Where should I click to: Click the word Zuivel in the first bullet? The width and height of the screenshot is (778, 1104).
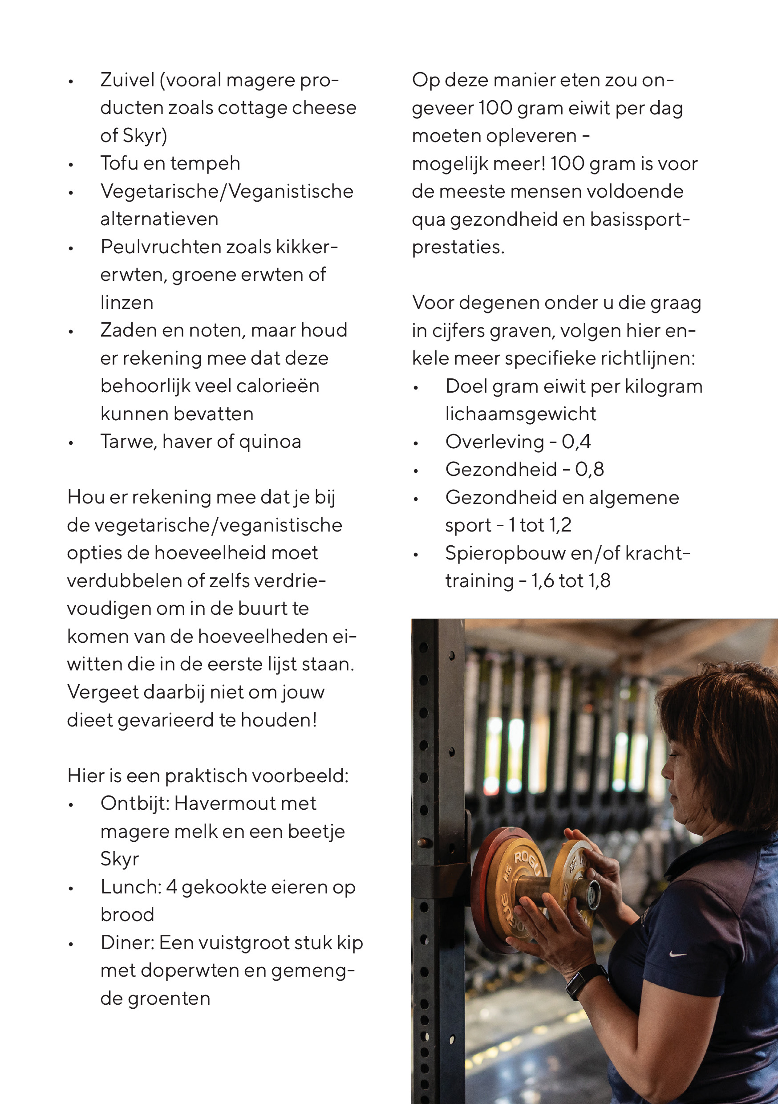coord(127,80)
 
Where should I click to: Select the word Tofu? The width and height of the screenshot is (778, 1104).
coord(116,163)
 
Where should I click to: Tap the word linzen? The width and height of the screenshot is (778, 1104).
coord(127,303)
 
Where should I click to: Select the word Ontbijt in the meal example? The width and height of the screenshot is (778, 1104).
coord(134,804)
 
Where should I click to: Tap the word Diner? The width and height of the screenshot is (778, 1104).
coord(126,943)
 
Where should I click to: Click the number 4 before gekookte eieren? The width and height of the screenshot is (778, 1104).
coord(172,887)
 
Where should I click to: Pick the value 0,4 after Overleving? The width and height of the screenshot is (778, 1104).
coord(576,442)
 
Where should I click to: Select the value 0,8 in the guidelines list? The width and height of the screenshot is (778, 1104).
coord(590,470)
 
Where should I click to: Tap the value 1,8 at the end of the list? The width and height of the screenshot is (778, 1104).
coord(600,581)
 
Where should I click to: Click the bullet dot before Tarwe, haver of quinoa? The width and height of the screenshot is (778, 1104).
coord(71,443)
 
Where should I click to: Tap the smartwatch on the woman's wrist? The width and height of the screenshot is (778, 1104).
coord(586,981)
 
